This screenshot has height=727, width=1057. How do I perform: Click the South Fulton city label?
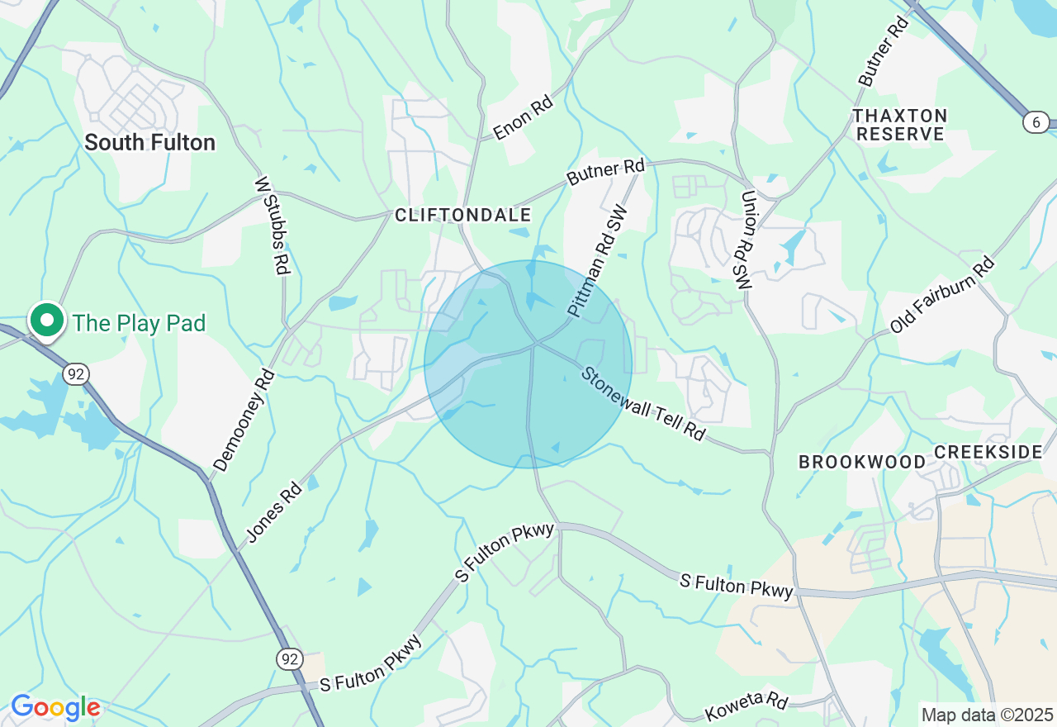pyautogui.click(x=149, y=143)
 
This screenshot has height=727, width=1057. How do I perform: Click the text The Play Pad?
pyautogui.click(x=139, y=323)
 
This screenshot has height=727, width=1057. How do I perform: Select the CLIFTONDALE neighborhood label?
pyautogui.click(x=462, y=216)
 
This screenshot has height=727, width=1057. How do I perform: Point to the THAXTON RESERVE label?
pyautogui.click(x=899, y=125)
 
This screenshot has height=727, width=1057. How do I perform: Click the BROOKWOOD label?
pyautogui.click(x=862, y=462)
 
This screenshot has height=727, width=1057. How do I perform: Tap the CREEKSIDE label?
pyautogui.click(x=988, y=452)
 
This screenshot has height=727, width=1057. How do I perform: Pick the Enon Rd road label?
pyautogui.click(x=522, y=120)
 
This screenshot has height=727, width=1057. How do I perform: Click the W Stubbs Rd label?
pyautogui.click(x=273, y=224)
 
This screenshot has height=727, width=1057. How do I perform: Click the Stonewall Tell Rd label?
pyautogui.click(x=643, y=403)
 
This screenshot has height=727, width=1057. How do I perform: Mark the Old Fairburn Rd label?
pyautogui.click(x=942, y=296)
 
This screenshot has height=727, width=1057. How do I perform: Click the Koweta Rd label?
pyautogui.click(x=747, y=707)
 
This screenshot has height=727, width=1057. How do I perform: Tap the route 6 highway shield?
pyautogui.click(x=1036, y=122)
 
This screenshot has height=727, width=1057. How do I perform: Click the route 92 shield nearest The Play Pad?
pyautogui.click(x=75, y=374)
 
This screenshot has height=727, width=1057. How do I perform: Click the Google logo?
pyautogui.click(x=55, y=707)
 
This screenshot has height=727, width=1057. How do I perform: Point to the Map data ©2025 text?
pyautogui.click(x=987, y=715)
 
